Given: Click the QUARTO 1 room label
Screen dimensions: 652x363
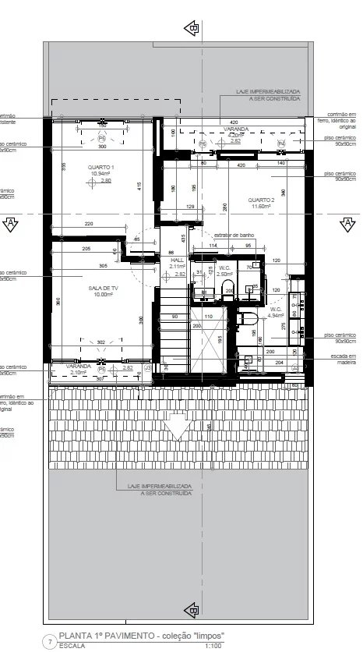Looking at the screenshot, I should [x=102, y=168].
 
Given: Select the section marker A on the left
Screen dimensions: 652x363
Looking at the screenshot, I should [x=11, y=225].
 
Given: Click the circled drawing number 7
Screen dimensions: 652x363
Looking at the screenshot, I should [x=51, y=642].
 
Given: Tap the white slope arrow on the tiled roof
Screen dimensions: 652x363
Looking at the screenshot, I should [x=179, y=427].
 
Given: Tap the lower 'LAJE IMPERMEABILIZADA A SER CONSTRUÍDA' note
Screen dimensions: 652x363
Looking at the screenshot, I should [x=160, y=489].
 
